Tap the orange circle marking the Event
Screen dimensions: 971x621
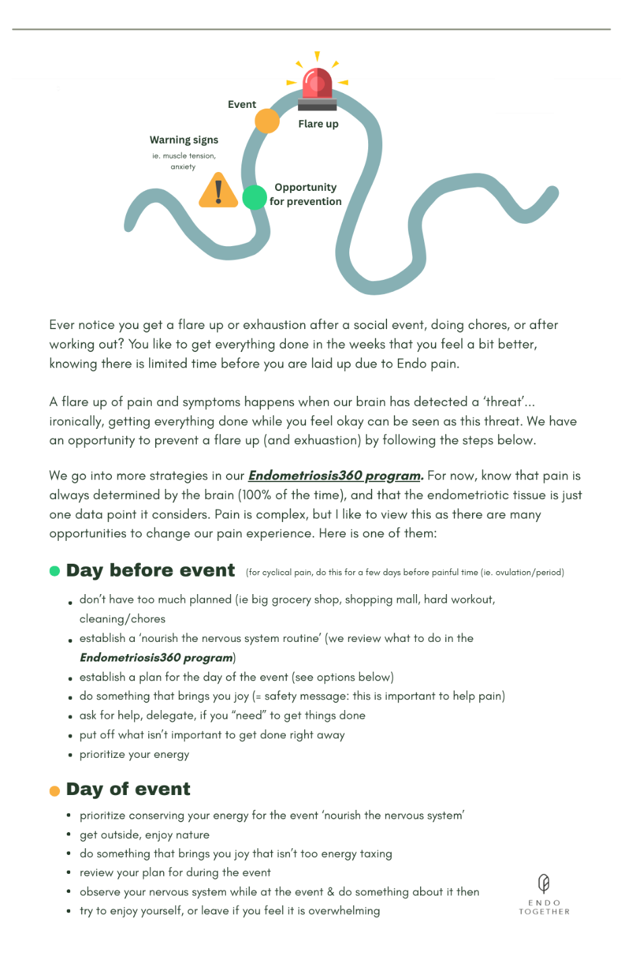point(267,121)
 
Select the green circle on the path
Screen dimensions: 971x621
point(254,198)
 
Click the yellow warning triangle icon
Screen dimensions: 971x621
point(218,191)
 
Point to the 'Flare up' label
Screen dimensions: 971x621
point(318,124)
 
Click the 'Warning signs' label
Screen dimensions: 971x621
point(184,140)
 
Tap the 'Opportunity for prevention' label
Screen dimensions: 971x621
point(305,194)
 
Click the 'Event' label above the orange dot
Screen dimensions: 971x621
point(242,105)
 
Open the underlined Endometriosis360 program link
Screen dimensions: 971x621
point(335,475)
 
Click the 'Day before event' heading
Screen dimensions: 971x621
point(150,570)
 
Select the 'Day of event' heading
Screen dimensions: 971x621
point(128,789)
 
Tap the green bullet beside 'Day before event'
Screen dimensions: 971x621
point(55,571)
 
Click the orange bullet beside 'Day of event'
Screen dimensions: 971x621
point(55,791)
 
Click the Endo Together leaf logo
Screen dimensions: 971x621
point(543,883)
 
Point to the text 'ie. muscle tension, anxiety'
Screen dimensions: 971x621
point(183,161)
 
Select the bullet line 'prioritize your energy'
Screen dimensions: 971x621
point(134,755)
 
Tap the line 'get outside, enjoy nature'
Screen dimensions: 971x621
point(144,835)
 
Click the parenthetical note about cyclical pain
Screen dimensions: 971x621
point(405,572)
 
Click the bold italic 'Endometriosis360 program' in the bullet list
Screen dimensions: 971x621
point(156,657)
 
